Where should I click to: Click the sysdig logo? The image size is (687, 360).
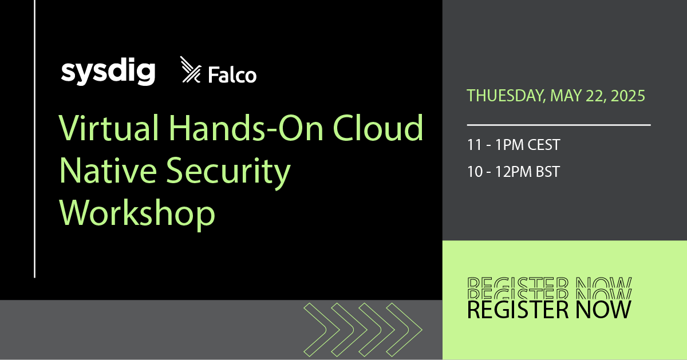tap(108, 73)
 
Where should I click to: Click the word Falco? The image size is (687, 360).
tap(232, 75)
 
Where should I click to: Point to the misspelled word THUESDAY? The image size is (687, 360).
tap(504, 96)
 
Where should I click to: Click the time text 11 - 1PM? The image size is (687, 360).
tap(493, 145)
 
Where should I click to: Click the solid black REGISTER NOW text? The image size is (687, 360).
tap(549, 310)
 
